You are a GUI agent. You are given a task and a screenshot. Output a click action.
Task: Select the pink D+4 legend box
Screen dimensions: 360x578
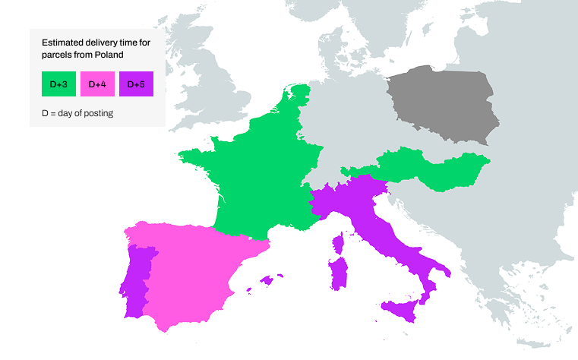(x=97, y=84)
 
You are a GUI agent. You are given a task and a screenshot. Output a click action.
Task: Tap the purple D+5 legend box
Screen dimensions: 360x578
(x=136, y=84)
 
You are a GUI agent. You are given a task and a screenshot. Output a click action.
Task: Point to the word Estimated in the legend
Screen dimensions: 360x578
(x=63, y=43)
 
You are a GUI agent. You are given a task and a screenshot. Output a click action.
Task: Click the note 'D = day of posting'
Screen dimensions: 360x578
(x=77, y=112)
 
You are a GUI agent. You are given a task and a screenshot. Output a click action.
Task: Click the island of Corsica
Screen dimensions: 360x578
(x=339, y=244)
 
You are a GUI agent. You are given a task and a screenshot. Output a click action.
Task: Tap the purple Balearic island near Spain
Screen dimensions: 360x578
(x=266, y=280)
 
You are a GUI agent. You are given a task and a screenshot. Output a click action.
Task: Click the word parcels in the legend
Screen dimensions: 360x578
(x=55, y=55)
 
